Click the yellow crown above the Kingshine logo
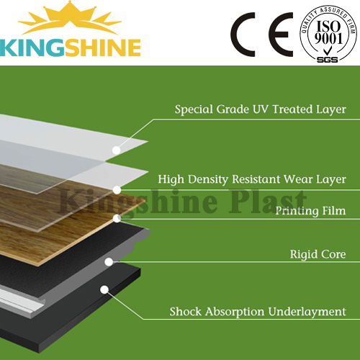coord(70,19)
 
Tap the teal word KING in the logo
coord(32,48)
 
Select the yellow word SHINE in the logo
coord(103,48)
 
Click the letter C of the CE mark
coord(243,35)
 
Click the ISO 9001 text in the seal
coord(328,32)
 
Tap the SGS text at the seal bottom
coord(328,60)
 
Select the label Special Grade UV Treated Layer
coord(261,109)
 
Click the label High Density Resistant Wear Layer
coord(252,179)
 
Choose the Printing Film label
coord(310,211)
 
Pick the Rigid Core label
coord(318,254)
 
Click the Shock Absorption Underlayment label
coord(258,312)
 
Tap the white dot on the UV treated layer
coord(117,150)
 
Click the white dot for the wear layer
coord(117,190)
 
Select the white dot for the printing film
coord(117,218)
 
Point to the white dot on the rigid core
coord(109,262)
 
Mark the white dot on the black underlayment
coord(104,289)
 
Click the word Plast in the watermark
coord(268,201)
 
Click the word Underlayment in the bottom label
coord(307,312)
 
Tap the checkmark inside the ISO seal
coord(326,51)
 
